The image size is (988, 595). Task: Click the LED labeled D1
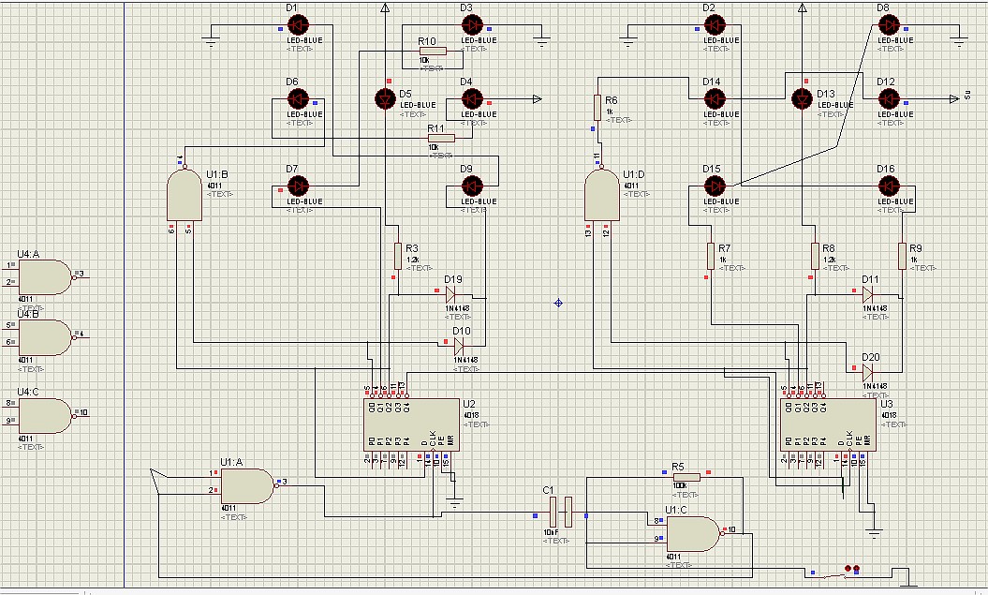[298, 24]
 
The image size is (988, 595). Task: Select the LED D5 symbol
[383, 99]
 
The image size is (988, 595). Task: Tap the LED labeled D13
[801, 99]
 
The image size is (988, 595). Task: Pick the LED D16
[889, 186]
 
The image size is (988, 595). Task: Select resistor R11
[441, 138]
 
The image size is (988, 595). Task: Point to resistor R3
[398, 255]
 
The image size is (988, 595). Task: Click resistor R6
[597, 105]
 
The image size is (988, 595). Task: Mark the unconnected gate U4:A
[46, 276]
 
